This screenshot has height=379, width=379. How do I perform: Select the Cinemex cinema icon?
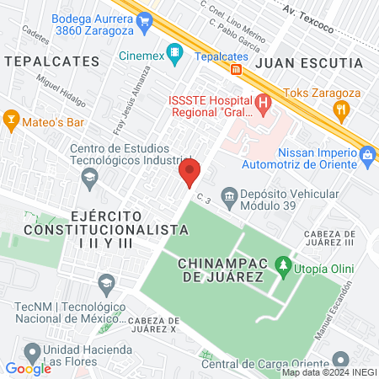(x=174, y=55)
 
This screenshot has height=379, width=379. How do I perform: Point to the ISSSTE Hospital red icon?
(x=264, y=105)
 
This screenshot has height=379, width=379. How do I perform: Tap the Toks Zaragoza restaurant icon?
(x=341, y=108)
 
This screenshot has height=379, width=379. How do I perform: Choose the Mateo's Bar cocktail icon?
(x=11, y=120)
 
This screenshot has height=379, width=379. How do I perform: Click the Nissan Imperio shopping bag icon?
(x=366, y=155)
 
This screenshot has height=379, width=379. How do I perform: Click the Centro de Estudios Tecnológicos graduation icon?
(x=88, y=177)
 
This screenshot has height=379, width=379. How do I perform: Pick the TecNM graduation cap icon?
(x=105, y=282)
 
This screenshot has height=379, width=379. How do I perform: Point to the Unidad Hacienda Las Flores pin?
(x=32, y=350)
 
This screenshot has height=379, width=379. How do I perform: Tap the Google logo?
(x=28, y=368)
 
